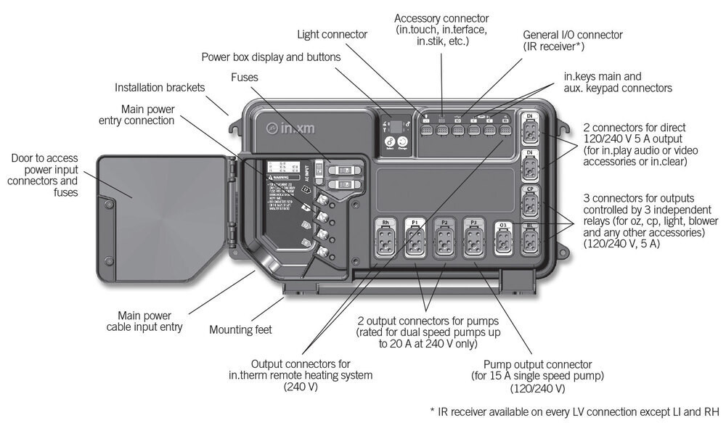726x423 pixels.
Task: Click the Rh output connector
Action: [386, 239]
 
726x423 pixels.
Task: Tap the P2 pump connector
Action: [444, 239]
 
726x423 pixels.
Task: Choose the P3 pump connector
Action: [473, 239]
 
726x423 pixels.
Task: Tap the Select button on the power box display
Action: [390, 144]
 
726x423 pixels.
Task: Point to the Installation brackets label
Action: [160, 88]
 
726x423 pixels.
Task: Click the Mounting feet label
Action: [240, 330]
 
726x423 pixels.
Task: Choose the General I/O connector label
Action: [574, 34]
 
